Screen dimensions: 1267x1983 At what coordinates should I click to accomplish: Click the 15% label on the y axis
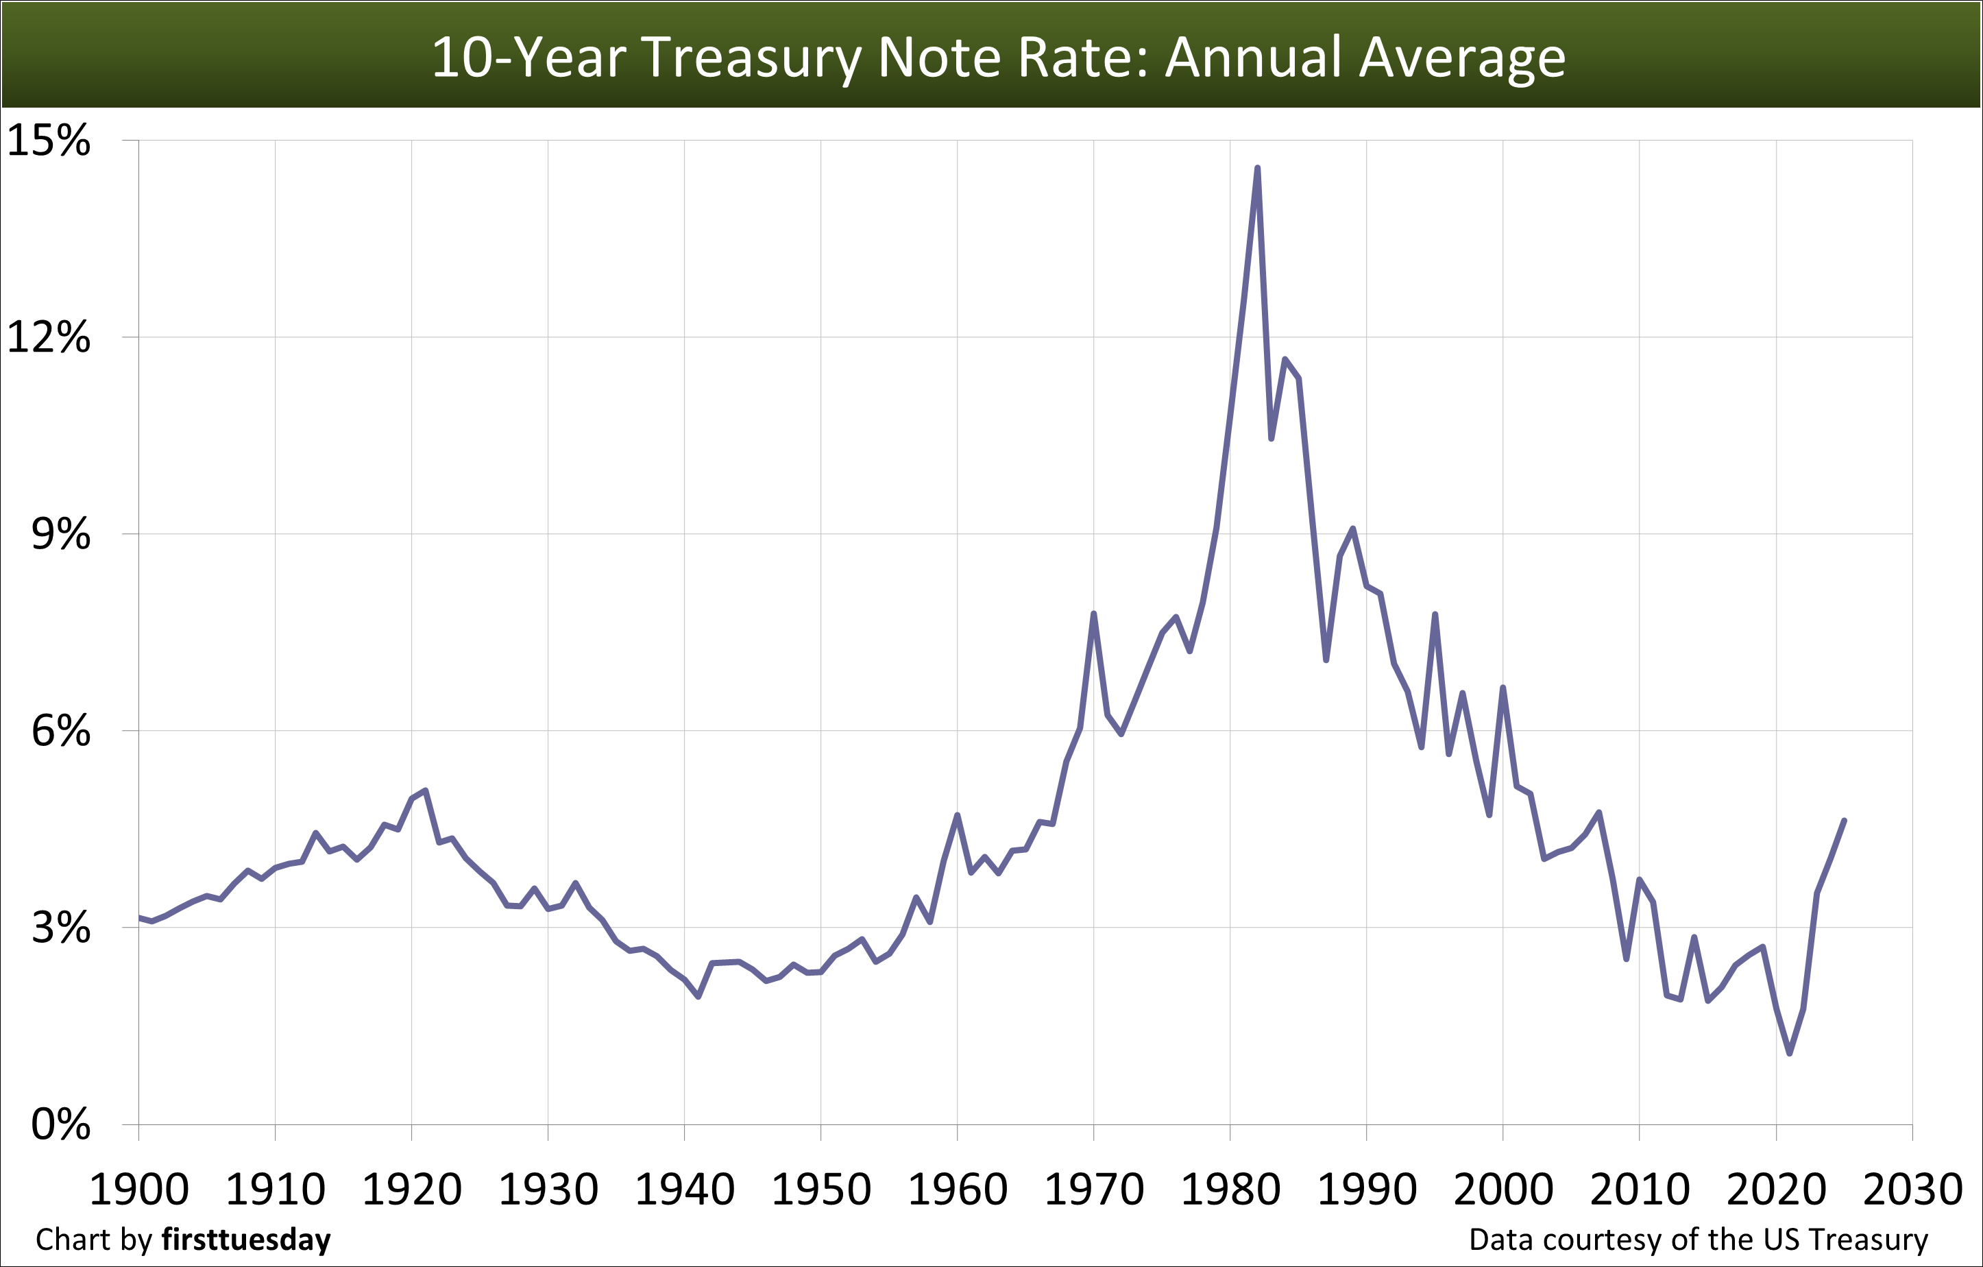point(48,141)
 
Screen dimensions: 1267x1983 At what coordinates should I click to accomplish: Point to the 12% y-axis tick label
point(48,338)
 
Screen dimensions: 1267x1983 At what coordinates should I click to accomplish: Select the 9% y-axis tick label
point(60,535)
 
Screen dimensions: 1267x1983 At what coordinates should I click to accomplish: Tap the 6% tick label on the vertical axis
point(60,731)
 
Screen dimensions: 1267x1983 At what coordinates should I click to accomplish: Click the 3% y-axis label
point(60,928)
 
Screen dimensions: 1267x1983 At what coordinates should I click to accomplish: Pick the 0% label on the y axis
point(60,1124)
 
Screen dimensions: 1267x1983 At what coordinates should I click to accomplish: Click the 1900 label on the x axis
point(138,1190)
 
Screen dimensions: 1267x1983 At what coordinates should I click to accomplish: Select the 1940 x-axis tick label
point(684,1190)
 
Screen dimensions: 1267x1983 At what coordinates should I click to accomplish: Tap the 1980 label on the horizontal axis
point(1230,1190)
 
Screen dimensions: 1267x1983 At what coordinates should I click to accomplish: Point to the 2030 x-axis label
point(1912,1190)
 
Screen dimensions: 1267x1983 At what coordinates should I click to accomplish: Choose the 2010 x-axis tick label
point(1640,1190)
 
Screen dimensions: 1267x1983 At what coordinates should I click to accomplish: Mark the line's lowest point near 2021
point(1790,1054)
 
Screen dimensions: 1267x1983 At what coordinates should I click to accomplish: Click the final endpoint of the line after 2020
point(1845,821)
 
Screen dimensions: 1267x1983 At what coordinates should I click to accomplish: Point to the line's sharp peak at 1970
point(1093,614)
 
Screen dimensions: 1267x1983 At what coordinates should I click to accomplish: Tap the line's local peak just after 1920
point(425,790)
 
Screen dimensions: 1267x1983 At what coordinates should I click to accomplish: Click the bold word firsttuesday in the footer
point(246,1240)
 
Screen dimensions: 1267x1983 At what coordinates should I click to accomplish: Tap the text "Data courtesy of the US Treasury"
point(1698,1240)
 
